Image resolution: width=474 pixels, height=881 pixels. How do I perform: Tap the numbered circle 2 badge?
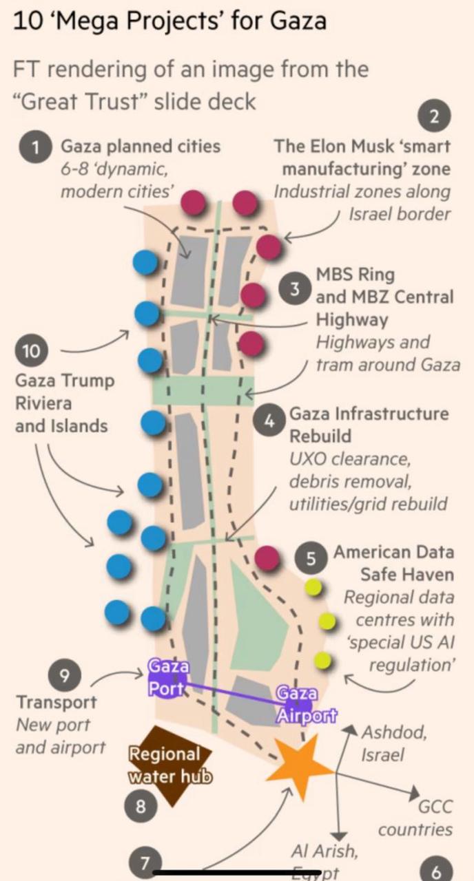pos(434,116)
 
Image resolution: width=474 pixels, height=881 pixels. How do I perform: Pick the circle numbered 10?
pos(31,351)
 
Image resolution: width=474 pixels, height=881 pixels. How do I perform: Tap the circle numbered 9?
pos(63,675)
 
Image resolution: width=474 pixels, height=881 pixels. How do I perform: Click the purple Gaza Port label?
pos(167,678)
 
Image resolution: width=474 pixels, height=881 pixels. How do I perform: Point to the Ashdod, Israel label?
pos(393,743)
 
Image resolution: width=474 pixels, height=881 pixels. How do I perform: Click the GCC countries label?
pos(415,818)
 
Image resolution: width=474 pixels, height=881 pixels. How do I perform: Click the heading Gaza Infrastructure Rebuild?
pos(369,425)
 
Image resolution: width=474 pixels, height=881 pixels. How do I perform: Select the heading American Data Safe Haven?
pos(393,562)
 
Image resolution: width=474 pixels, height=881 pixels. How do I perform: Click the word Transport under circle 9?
pos(56,703)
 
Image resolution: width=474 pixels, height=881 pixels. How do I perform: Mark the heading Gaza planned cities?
pos(141,146)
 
